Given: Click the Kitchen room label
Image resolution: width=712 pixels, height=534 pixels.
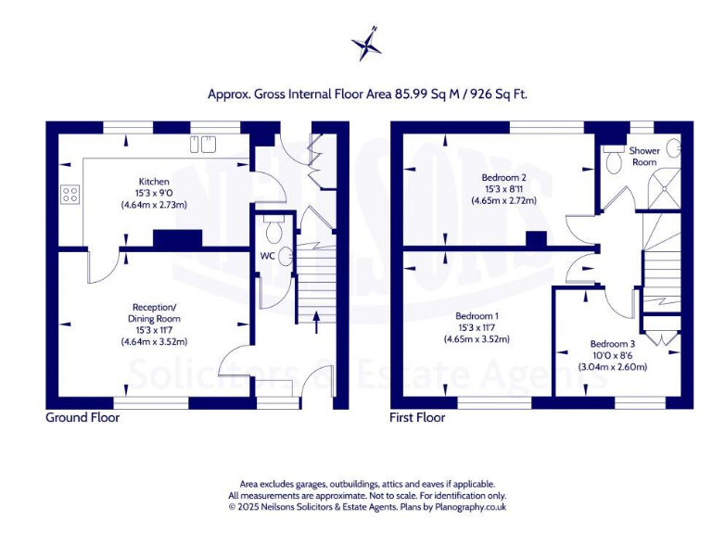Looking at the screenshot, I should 153,181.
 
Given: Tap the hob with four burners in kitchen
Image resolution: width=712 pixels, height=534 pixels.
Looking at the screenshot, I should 70,195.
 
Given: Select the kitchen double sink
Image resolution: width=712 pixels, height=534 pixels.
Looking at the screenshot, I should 203,144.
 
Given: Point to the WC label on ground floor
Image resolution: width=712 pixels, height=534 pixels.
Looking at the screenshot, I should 267,255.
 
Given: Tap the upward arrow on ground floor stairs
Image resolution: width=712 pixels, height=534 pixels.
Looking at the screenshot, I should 317,321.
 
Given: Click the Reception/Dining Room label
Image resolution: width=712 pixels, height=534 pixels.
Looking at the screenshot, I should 156,312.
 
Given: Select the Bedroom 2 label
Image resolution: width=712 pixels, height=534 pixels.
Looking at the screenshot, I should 504,177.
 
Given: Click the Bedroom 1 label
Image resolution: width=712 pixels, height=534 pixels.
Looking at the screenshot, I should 477,315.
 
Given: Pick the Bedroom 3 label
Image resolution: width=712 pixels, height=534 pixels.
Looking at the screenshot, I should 613,344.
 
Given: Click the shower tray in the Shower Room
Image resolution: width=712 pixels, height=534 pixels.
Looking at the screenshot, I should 665,190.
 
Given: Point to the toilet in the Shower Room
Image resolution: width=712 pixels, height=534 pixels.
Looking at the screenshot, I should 615,162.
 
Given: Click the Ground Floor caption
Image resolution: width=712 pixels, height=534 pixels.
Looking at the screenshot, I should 83,418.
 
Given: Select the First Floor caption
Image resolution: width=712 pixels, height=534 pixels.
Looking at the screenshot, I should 417,418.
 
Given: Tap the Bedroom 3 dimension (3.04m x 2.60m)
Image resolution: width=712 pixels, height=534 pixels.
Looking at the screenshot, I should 613,367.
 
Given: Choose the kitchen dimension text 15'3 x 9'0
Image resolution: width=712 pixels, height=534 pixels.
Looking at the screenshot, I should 153,193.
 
